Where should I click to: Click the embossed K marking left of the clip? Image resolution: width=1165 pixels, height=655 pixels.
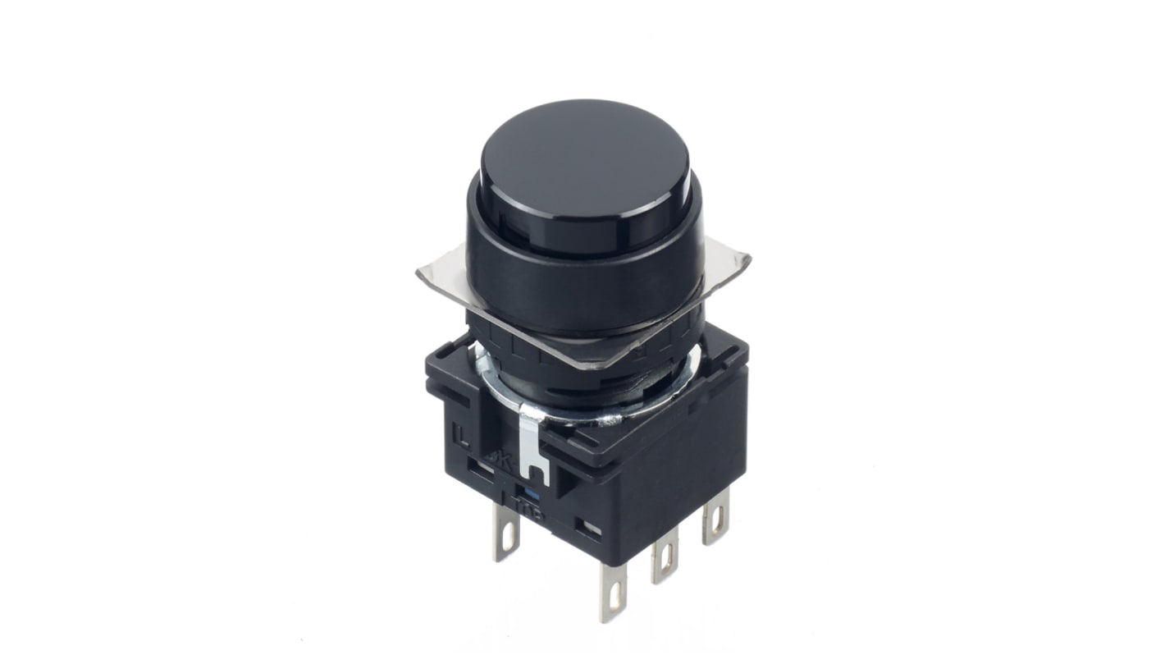500,459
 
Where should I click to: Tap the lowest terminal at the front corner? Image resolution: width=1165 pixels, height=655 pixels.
613,593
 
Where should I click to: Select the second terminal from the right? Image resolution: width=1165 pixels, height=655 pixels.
665,557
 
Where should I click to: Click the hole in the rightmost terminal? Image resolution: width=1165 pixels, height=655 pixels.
720,520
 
